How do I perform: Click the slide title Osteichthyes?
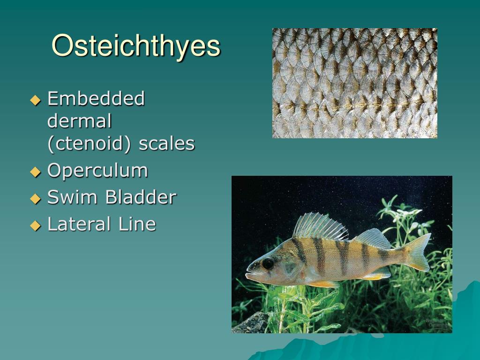click(x=135, y=46)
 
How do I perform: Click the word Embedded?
click(x=96, y=99)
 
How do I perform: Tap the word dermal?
click(x=79, y=122)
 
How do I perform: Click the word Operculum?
click(x=97, y=171)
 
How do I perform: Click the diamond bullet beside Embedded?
click(x=36, y=100)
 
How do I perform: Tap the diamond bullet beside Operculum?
click(x=36, y=172)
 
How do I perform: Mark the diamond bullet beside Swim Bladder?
click(x=36, y=199)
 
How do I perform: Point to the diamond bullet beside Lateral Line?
click(x=36, y=225)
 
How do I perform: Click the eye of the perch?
click(x=268, y=263)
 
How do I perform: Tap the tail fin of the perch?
click(x=419, y=251)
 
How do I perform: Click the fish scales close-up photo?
click(x=354, y=83)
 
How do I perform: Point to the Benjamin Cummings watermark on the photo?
click(x=436, y=322)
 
